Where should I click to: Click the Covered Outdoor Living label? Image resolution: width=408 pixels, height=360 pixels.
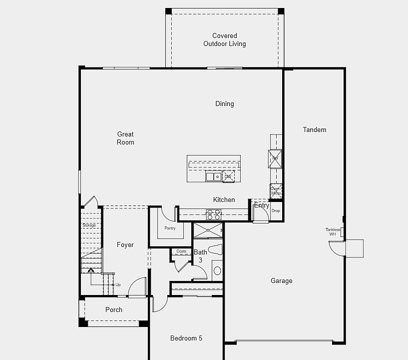click(x=224, y=40)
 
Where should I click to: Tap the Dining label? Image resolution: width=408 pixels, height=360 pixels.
click(x=224, y=104)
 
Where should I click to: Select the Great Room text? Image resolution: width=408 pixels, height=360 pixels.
click(x=125, y=138)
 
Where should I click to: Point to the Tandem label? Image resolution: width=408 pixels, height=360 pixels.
click(x=314, y=130)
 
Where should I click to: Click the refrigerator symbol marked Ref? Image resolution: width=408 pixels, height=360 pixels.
click(x=275, y=158)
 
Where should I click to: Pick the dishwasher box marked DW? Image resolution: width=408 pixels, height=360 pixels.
click(x=228, y=176)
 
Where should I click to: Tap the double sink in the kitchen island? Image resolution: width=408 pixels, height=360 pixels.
click(x=213, y=176)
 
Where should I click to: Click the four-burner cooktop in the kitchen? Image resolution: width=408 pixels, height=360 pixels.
click(x=214, y=214)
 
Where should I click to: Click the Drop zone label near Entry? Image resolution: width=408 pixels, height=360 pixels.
click(x=276, y=211)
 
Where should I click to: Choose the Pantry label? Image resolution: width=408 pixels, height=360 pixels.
click(x=170, y=228)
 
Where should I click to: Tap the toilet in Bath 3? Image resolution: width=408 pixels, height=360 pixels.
click(x=215, y=249)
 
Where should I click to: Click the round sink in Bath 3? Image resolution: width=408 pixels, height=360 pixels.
click(x=217, y=271)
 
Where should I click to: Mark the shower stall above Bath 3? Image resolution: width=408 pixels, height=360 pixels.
click(x=208, y=230)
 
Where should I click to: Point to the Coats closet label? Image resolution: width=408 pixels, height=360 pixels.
click(x=181, y=251)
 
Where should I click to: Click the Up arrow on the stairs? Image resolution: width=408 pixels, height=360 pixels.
click(x=91, y=270)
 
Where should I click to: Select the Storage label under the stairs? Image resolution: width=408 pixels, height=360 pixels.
click(x=89, y=225)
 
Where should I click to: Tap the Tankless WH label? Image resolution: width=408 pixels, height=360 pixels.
click(x=333, y=232)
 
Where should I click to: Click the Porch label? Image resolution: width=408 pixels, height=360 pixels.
click(x=114, y=310)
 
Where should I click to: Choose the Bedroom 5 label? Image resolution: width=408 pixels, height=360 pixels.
click(x=186, y=338)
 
